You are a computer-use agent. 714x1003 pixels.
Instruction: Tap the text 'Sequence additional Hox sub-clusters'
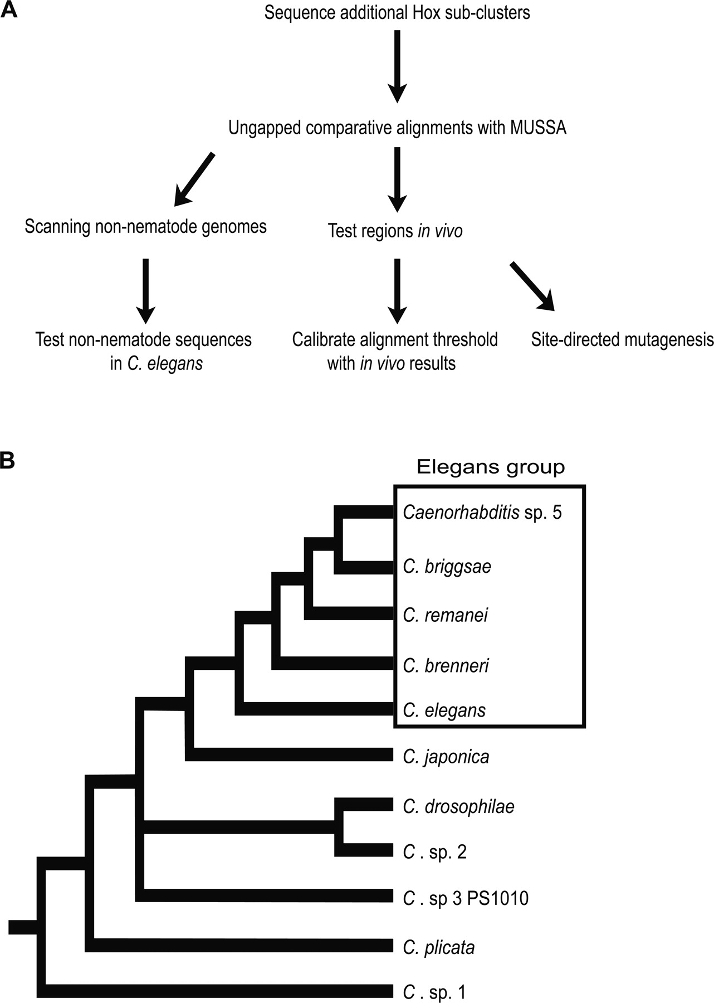point(397,12)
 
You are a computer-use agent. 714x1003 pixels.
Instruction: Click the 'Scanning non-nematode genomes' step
point(145,227)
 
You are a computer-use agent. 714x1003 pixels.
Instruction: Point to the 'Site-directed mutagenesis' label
point(622,339)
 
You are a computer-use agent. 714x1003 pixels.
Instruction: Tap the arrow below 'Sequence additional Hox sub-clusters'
point(397,66)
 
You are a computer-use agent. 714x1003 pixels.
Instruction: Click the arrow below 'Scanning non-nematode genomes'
point(145,290)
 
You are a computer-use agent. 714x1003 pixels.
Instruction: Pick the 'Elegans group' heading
point(490,467)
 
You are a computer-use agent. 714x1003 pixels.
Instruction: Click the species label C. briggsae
point(447,567)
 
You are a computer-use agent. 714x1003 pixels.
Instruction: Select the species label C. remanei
point(445,615)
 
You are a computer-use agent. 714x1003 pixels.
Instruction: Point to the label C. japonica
point(446,757)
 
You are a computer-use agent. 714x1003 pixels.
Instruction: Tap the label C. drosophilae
point(458,806)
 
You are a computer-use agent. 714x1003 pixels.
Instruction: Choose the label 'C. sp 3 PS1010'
point(466,898)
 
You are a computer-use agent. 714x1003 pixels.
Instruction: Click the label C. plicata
point(439,947)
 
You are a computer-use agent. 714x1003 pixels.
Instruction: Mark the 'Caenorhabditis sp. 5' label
point(482,512)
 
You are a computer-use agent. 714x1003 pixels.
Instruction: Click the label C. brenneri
point(446,665)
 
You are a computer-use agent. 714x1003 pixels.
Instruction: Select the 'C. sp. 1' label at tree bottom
point(434,992)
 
